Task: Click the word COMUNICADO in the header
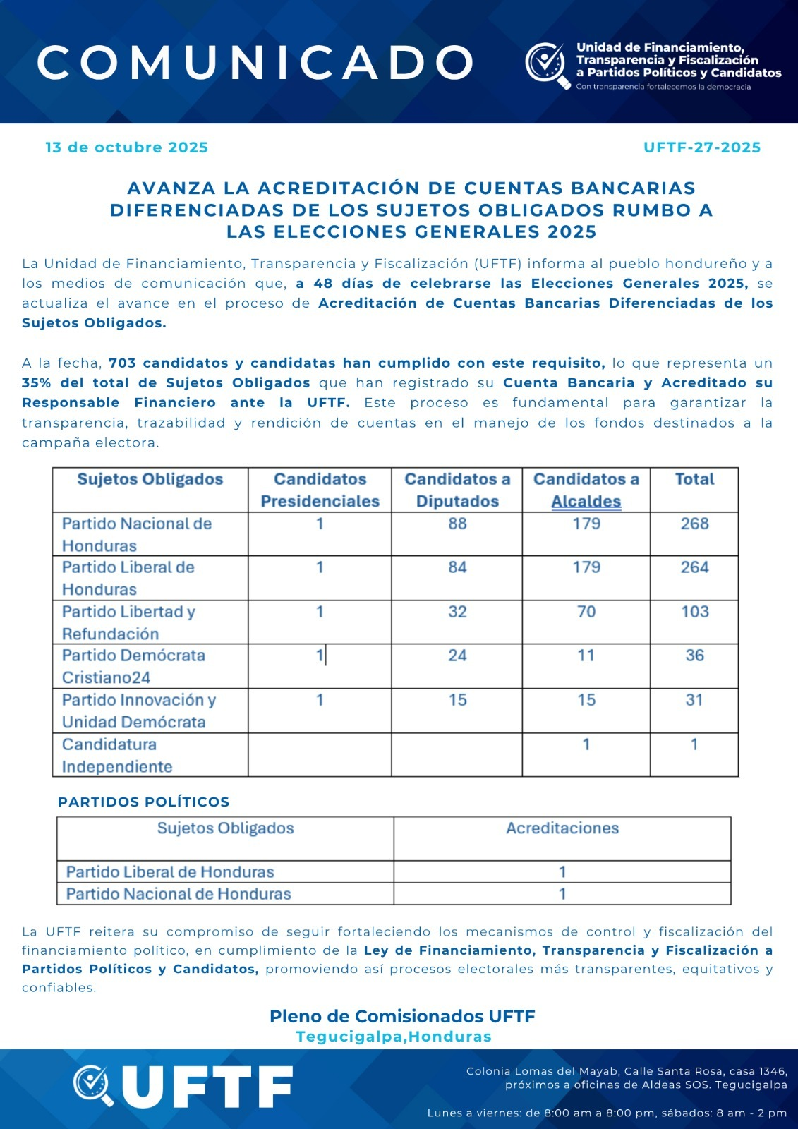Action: tap(255, 63)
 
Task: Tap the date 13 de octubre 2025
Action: tap(127, 147)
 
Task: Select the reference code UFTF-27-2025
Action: tap(701, 147)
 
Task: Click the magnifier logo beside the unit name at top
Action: tap(547, 65)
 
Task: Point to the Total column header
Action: tap(694, 480)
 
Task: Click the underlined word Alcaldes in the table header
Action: tap(586, 502)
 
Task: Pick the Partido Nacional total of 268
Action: tap(694, 524)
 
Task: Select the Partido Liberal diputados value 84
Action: tap(457, 567)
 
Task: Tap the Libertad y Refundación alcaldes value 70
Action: tap(586, 612)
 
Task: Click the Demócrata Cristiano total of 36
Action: tap(694, 656)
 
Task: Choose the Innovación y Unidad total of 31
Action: tap(694, 700)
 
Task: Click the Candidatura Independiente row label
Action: tap(117, 755)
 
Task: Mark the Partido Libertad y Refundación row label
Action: tap(128, 622)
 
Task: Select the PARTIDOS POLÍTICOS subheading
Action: tap(144, 802)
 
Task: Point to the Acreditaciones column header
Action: tap(562, 828)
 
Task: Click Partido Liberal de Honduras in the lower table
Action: tap(170, 872)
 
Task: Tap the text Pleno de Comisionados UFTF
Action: tap(402, 1016)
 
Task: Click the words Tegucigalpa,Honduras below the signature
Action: tap(394, 1037)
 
